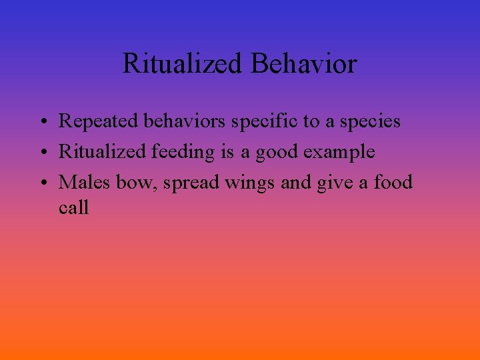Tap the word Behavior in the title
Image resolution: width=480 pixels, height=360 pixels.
(x=305, y=64)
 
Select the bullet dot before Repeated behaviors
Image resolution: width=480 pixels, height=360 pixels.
(x=41, y=122)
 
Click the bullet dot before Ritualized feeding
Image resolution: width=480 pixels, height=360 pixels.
(x=41, y=153)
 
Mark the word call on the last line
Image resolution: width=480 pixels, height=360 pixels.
(x=73, y=207)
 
